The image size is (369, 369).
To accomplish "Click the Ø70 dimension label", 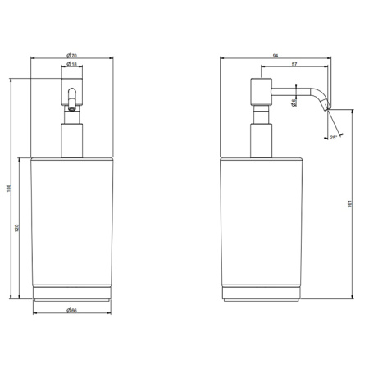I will (72, 54).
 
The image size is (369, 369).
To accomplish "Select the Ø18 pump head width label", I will (72, 64).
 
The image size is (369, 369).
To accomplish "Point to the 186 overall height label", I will (7, 187).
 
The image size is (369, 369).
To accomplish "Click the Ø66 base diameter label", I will (72, 310).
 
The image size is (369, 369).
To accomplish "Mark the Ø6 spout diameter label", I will (294, 102).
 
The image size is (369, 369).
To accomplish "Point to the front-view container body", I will (72, 221).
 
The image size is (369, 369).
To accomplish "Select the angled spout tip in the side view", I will (326, 102).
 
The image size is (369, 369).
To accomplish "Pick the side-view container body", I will (262, 221).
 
